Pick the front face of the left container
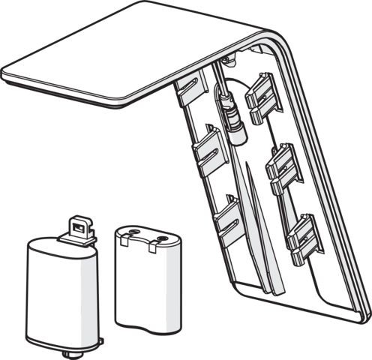click(x=60, y=296)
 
